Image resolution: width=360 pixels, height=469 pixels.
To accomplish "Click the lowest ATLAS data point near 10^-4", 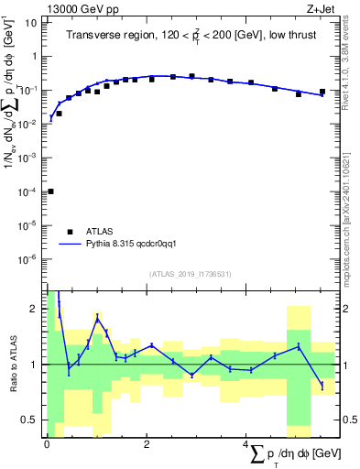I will [x=50, y=191].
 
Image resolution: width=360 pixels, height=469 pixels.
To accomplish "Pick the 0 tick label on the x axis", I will [x=47, y=442].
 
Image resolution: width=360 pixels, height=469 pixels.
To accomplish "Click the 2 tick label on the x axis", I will [x=147, y=442].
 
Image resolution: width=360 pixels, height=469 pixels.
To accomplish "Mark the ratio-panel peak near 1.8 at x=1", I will [x=97, y=318].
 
